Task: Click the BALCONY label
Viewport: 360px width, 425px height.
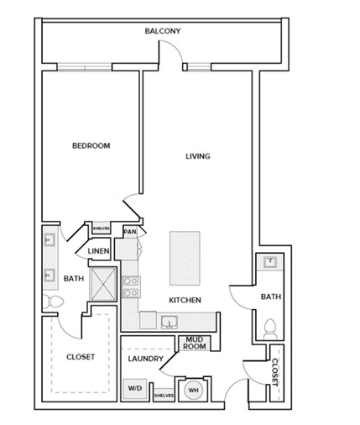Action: click(x=163, y=31)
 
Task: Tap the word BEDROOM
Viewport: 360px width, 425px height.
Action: click(x=91, y=145)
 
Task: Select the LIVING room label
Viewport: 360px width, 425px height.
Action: click(x=198, y=156)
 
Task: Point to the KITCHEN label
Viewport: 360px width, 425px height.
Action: click(x=185, y=300)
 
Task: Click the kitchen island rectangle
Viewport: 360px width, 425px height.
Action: click(x=185, y=258)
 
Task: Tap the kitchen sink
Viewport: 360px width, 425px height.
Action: click(x=170, y=322)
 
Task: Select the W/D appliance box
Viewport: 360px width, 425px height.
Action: click(x=135, y=389)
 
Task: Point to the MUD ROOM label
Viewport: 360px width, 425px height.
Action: click(x=195, y=344)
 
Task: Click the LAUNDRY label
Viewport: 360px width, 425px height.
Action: click(x=145, y=359)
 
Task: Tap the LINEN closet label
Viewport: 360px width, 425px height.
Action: click(x=98, y=251)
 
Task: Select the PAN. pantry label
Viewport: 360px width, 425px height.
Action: click(x=130, y=232)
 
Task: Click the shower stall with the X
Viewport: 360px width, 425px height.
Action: click(x=103, y=284)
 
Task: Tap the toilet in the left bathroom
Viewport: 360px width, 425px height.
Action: click(x=54, y=302)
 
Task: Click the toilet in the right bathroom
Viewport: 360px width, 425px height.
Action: click(x=270, y=328)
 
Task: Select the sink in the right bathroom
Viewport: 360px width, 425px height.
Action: click(x=270, y=262)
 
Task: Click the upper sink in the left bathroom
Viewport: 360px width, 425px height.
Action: click(x=50, y=240)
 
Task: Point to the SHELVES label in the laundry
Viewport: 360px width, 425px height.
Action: click(x=164, y=396)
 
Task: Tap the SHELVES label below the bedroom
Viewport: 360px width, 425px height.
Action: click(x=101, y=228)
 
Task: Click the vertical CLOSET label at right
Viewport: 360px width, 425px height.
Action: click(x=275, y=372)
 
